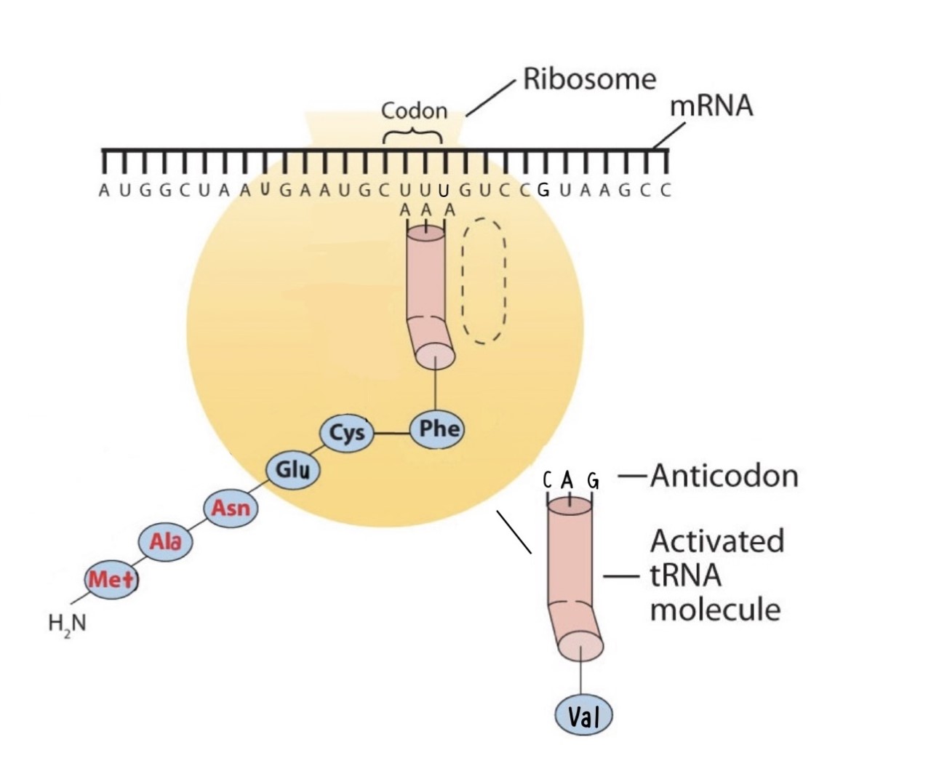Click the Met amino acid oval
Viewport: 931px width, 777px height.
point(111,580)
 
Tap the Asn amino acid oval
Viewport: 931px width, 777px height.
point(231,507)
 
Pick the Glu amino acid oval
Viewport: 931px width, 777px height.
point(293,469)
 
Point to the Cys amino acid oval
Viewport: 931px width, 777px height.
point(347,433)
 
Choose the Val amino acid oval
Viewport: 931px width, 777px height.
point(583,717)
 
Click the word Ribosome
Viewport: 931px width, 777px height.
point(589,79)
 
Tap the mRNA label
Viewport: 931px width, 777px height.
point(711,106)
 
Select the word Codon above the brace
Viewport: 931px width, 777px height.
point(414,111)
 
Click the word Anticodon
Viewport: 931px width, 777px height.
point(724,476)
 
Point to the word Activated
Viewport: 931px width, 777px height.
point(717,541)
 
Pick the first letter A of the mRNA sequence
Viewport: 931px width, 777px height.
point(104,191)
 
